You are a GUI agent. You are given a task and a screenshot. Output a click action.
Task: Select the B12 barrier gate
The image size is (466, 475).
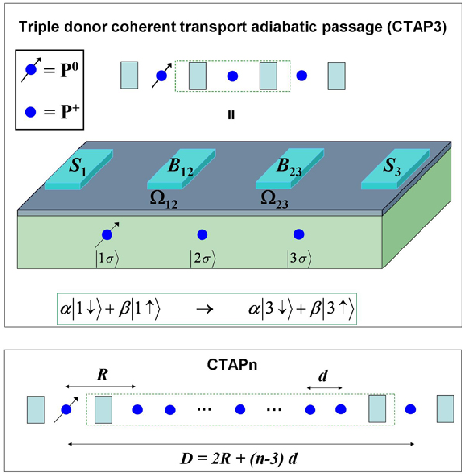point(181,169)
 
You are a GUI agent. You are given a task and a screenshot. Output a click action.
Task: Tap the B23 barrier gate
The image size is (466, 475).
point(290,168)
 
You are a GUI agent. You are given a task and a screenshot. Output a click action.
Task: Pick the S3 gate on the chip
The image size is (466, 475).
point(395,169)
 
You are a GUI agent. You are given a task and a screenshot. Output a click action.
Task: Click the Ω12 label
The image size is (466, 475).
point(163,200)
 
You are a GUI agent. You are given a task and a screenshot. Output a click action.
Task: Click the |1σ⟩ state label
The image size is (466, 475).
point(108,259)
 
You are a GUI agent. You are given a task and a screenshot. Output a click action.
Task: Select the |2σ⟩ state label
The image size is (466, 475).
point(202,259)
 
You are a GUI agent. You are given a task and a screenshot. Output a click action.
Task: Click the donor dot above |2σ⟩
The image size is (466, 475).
point(202,234)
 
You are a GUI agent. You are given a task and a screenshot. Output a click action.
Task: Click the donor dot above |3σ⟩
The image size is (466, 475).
point(299,234)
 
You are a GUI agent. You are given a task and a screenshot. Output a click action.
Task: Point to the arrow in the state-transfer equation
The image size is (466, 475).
point(204,310)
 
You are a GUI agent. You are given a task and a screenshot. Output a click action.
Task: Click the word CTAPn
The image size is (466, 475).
point(232,365)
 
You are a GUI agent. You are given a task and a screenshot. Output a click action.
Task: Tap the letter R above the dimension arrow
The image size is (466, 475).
point(102,375)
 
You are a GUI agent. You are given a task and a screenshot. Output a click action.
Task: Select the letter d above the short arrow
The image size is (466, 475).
point(323,375)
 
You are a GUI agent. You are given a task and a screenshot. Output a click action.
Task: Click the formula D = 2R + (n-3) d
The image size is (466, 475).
point(239,458)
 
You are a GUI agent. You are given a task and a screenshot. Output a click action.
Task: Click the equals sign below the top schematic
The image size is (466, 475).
point(231,115)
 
